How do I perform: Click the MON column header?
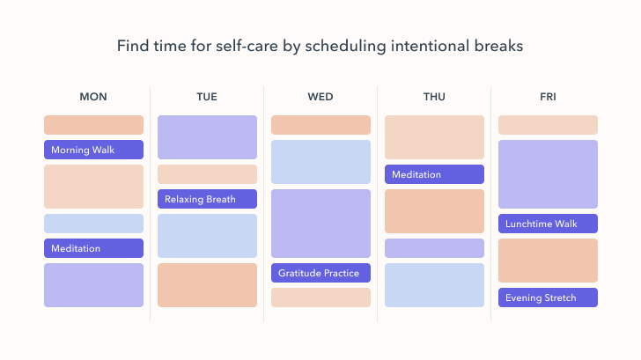click(93, 97)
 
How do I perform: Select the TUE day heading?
click(207, 97)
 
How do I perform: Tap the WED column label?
click(320, 97)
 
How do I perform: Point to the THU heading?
click(434, 97)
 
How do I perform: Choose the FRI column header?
click(548, 97)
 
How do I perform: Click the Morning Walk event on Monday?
click(93, 150)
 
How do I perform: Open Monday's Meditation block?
click(93, 248)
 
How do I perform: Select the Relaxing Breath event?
click(207, 199)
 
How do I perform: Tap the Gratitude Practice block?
click(320, 273)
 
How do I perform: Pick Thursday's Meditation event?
click(434, 174)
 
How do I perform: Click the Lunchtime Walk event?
click(548, 224)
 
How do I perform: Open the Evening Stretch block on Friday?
click(548, 298)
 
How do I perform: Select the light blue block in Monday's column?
click(93, 224)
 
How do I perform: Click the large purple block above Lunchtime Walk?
click(548, 174)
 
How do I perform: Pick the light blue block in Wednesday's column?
click(320, 162)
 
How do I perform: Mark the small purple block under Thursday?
click(434, 248)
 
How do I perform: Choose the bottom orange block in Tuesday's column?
click(207, 285)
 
